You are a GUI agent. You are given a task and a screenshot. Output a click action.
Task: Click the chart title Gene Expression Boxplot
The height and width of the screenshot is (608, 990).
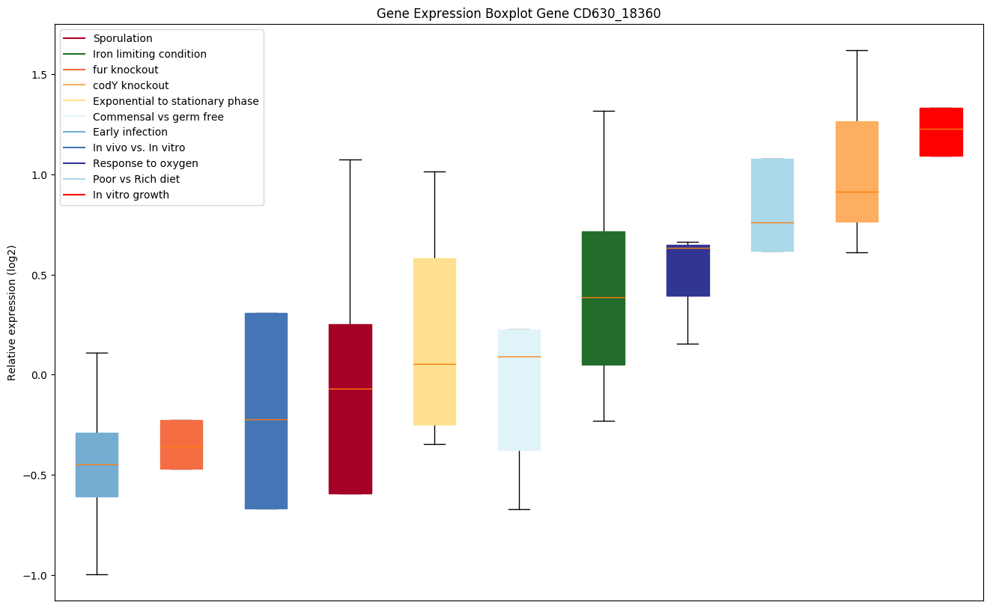pos(518,13)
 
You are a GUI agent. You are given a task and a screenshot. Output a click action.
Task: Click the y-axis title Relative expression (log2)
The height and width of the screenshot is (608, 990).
pos(13,312)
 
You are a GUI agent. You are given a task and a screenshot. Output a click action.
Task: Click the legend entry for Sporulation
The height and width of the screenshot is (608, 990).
pos(122,38)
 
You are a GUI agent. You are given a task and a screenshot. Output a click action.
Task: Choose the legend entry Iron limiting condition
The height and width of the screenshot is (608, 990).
pos(149,54)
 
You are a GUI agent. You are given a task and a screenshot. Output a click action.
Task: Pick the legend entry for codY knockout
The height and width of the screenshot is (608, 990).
pos(130,85)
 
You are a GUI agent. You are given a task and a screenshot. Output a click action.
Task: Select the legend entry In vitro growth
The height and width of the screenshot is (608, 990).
pos(130,195)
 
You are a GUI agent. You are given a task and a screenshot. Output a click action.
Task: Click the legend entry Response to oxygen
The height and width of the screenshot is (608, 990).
pos(145,163)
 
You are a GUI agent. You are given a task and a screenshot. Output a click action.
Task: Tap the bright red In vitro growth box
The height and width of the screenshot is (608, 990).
pos(941,132)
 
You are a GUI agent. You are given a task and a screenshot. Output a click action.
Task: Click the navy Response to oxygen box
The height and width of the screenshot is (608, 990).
pos(688,270)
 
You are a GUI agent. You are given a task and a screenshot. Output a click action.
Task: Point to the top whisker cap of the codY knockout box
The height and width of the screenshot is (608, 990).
pos(857,50)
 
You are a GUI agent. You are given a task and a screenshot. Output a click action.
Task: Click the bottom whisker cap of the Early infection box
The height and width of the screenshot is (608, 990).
pos(97,574)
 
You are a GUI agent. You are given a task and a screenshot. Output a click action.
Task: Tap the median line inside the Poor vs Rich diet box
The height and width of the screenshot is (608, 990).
pos(772,222)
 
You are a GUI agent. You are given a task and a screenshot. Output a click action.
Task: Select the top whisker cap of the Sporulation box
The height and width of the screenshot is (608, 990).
pos(350,159)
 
